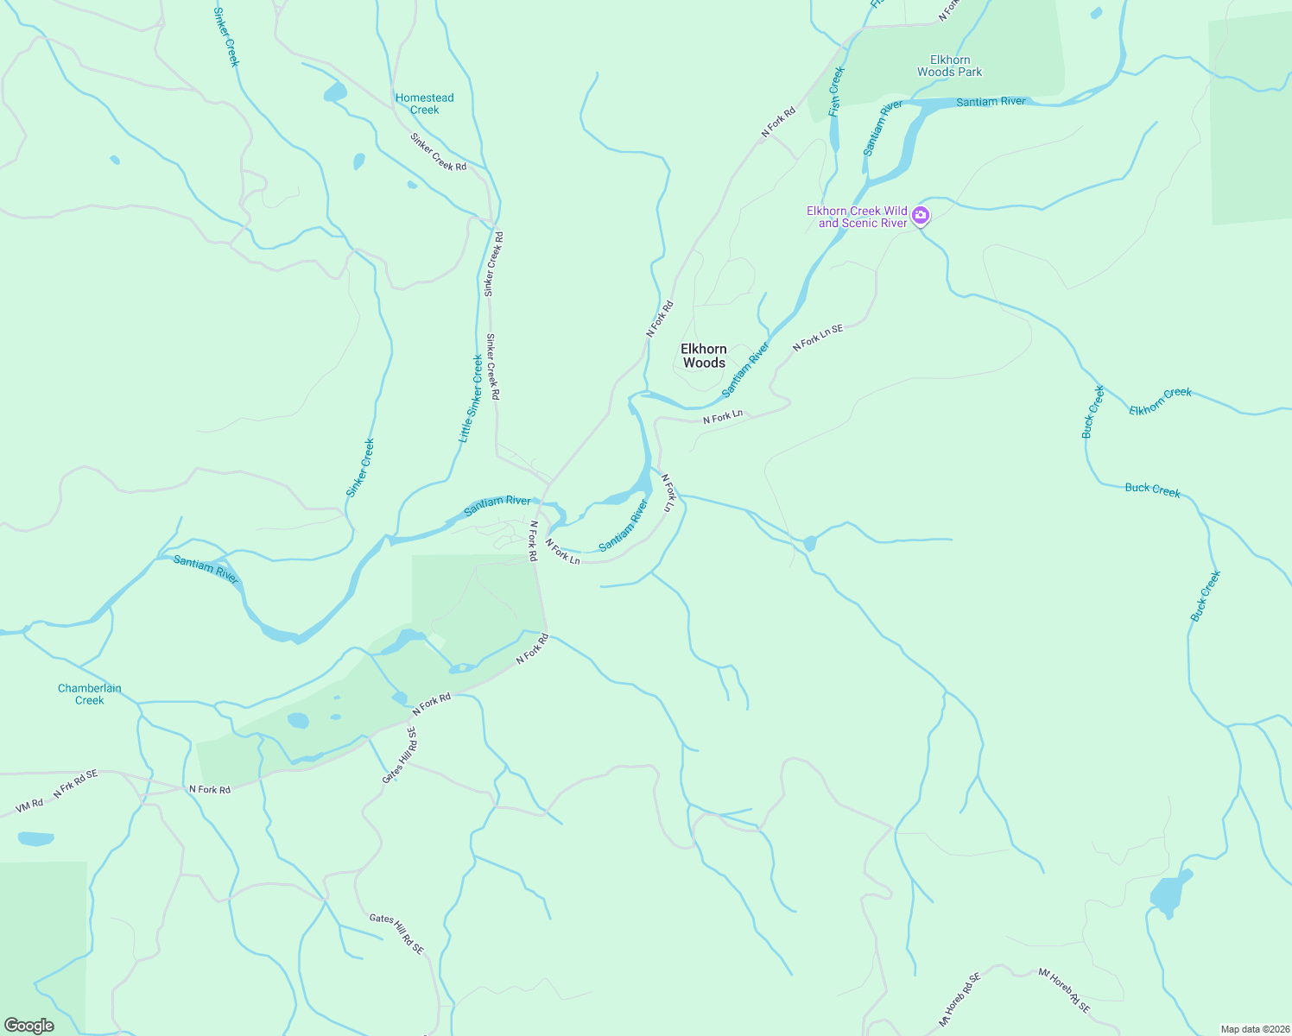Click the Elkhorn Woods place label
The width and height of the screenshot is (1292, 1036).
coord(704,356)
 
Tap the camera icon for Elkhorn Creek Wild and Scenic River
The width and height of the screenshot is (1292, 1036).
coord(921,215)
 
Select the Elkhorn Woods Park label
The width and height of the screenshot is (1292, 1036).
coord(949,66)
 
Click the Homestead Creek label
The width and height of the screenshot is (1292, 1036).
coord(424,104)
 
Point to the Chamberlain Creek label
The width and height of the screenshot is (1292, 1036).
coord(90,694)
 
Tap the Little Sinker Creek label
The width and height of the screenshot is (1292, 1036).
coord(471,399)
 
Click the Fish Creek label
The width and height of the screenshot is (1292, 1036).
coord(835,92)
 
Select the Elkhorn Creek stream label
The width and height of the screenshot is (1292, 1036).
coord(1160,401)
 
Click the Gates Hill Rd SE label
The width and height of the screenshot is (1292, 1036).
coord(398,935)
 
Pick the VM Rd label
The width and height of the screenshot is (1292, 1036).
coord(29,805)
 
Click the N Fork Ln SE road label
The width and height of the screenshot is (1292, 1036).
coord(818,338)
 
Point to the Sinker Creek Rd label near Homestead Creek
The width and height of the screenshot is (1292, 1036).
coord(438,152)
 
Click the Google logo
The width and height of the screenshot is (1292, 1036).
coord(29,1025)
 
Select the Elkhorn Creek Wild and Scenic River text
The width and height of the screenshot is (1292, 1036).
coord(857,217)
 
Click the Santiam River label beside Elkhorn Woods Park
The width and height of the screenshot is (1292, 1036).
coord(991,102)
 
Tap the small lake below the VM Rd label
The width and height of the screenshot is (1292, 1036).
coord(35,838)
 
